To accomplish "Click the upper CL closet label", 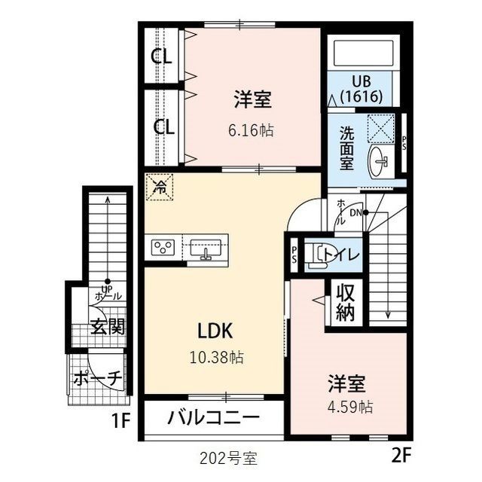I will pyautogui.click(x=163, y=56).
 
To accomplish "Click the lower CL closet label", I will pyautogui.click(x=163, y=126).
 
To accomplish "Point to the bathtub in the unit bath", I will pyautogui.click(x=360, y=52).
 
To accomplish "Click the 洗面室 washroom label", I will pyautogui.click(x=346, y=148).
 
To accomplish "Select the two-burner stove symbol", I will pyautogui.click(x=163, y=246).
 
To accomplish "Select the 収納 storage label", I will pyautogui.click(x=345, y=303).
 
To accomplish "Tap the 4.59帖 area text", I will pyautogui.click(x=346, y=407).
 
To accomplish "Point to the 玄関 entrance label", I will pyautogui.click(x=108, y=326).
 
